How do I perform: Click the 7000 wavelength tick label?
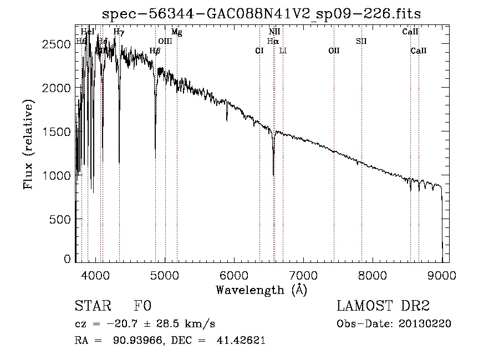[x=303, y=274]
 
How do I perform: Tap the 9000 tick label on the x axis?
[x=442, y=274]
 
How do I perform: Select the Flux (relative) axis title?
[x=28, y=144]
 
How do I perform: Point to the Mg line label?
[x=176, y=32]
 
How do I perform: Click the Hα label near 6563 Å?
[x=272, y=41]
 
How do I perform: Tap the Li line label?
[x=283, y=50]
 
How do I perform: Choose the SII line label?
[x=361, y=41]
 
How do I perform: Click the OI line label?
[x=259, y=50]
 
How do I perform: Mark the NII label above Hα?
[x=274, y=32]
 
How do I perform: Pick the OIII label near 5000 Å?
[x=165, y=41]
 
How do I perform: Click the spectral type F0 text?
[x=142, y=306]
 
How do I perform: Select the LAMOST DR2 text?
[x=383, y=306]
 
